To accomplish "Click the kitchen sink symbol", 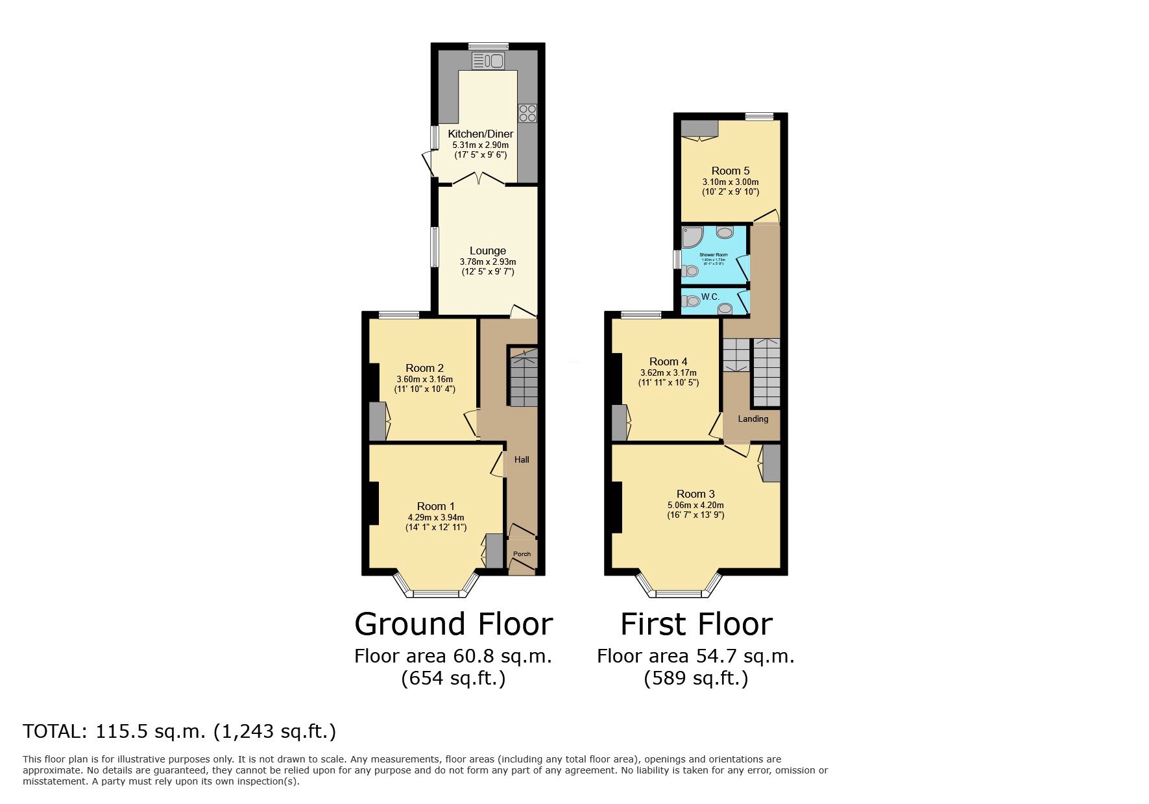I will coord(489,62).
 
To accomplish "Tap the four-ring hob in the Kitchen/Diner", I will coord(526,113).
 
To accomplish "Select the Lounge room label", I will coord(487,250).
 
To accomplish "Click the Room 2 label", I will coord(424,368).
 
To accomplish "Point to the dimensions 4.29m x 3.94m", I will coord(435,517).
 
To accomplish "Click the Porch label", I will coord(522,554).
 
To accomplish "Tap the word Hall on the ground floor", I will coord(522,459).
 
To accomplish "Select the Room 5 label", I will coord(730,171).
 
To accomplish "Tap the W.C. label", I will coord(710,297).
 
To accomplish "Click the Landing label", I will coord(753,419).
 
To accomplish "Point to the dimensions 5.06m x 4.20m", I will coord(695,505).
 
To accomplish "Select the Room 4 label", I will coord(668,361).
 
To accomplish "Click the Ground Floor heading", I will coord(454,624).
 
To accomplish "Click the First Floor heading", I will coord(696,624).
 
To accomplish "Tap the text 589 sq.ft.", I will coord(696,678).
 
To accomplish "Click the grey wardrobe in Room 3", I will coord(771,463).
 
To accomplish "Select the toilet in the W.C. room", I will coord(692,300).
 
